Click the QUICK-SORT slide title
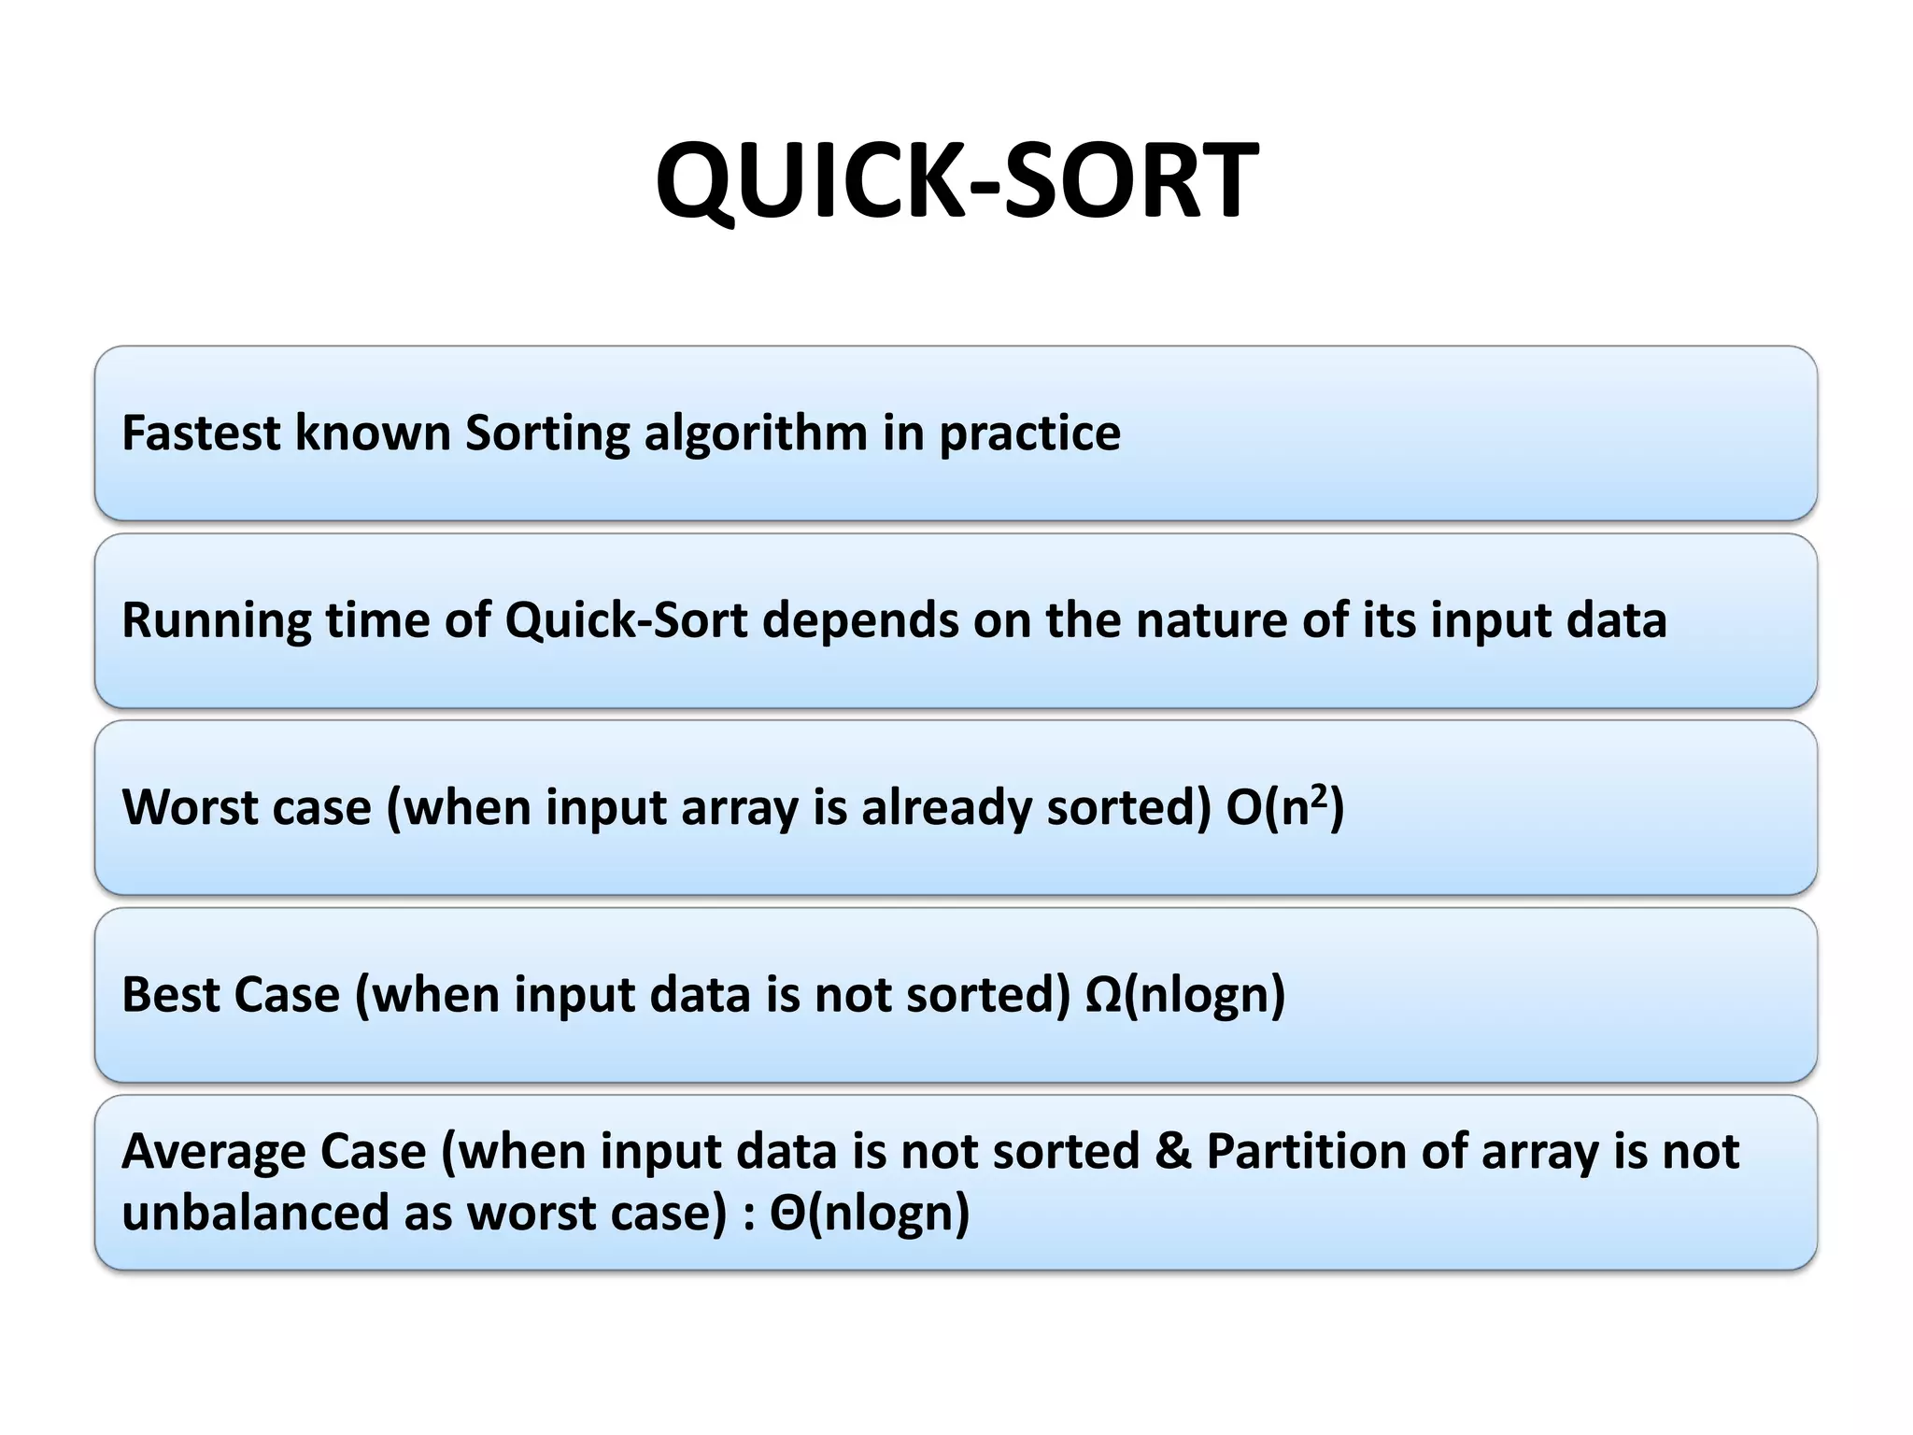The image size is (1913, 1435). pos(956,179)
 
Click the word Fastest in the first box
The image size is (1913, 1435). pos(201,433)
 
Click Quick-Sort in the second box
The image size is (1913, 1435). pos(626,620)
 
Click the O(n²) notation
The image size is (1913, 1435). pos(1284,807)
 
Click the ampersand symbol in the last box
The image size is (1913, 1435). pos(1173,1151)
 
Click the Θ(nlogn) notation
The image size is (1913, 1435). pos(869,1213)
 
